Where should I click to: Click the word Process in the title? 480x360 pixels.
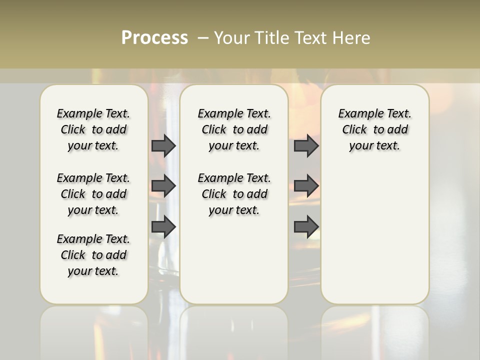pyautogui.click(x=154, y=38)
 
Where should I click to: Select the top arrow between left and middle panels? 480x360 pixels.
pyautogui.click(x=163, y=145)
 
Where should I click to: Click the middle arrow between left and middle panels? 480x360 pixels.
pyautogui.click(x=163, y=186)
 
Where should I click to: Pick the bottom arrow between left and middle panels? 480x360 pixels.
pyautogui.click(x=163, y=227)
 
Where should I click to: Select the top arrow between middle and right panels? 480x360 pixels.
pyautogui.click(x=306, y=145)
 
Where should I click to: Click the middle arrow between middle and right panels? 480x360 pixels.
pyautogui.click(x=306, y=186)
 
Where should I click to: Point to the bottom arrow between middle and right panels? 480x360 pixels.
pyautogui.click(x=306, y=227)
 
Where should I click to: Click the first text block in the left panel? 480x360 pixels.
pyautogui.click(x=93, y=129)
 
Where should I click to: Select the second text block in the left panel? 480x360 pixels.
pyautogui.click(x=93, y=194)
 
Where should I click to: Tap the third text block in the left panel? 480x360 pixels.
pyautogui.click(x=93, y=255)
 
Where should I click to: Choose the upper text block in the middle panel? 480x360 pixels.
pyautogui.click(x=234, y=129)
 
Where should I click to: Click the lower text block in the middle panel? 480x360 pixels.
pyautogui.click(x=234, y=194)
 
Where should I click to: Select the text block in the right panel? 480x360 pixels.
pyautogui.click(x=374, y=129)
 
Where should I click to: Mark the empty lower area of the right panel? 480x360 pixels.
pyautogui.click(x=374, y=230)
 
